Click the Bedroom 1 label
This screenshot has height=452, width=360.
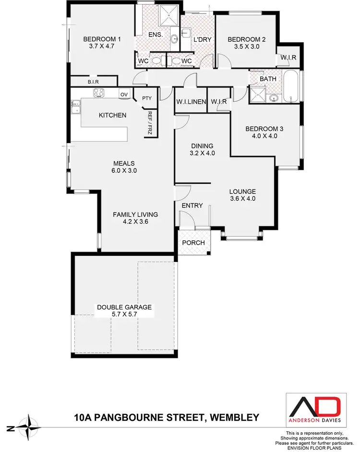click(102, 39)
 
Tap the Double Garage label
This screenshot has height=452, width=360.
click(124, 307)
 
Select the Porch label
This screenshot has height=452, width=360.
click(193, 243)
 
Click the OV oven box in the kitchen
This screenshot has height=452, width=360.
click(124, 95)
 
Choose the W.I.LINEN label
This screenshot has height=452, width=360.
click(191, 101)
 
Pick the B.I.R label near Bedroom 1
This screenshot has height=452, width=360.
click(93, 82)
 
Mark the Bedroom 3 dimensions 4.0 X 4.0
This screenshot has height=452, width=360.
click(262, 136)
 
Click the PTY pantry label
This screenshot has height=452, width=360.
click(147, 98)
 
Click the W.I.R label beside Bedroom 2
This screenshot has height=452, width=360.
click(288, 58)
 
